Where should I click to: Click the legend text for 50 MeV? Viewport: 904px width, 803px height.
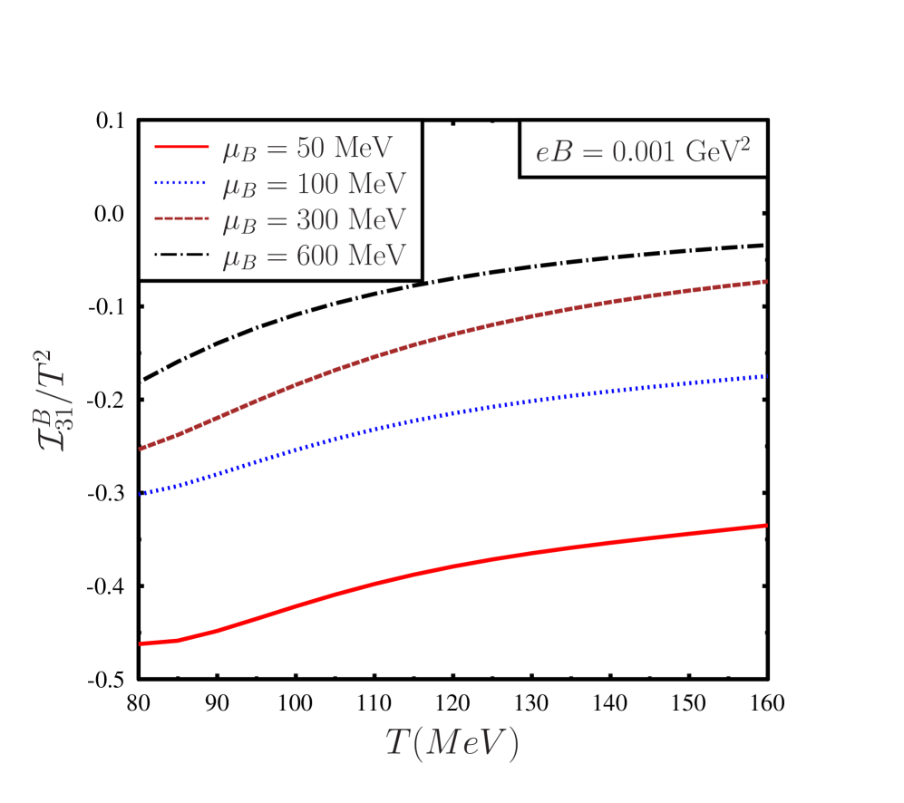pos(307,149)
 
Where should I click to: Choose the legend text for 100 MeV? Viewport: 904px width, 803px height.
pos(314,184)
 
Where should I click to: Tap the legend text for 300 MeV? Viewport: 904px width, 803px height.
pos(314,220)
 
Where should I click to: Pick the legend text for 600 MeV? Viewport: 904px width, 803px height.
pos(314,256)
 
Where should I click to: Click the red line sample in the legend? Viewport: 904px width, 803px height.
pos(181,147)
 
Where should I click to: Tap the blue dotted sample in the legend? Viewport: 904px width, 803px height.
pos(181,183)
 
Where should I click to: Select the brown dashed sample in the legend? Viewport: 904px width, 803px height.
pos(181,219)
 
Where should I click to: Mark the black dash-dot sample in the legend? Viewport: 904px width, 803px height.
pos(181,256)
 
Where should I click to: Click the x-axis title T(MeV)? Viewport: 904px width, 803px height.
pos(452,743)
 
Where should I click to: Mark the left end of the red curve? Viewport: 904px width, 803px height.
pos(141,643)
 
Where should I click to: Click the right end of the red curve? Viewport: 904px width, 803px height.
pos(767,525)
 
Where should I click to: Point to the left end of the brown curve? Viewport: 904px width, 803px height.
pos(141,449)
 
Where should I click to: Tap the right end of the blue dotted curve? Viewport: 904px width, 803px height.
pos(767,376)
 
